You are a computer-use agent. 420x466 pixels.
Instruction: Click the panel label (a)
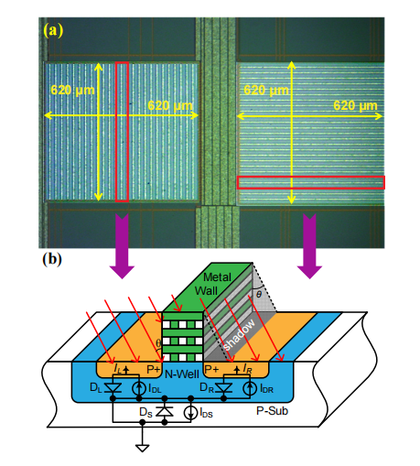[53, 30]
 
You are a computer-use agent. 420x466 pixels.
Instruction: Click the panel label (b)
[52, 259]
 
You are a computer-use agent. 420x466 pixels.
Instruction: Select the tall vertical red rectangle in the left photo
[122, 132]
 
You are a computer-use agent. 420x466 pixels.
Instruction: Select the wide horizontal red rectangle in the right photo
[311, 182]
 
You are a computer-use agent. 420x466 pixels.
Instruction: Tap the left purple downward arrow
[122, 246]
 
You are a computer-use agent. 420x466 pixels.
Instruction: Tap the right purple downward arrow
[309, 246]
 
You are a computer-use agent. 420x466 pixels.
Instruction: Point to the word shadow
[239, 335]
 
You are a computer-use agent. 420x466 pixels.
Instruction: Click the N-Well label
[182, 374]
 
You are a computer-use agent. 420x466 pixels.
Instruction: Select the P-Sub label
[272, 411]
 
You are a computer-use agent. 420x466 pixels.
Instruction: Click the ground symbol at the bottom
[142, 448]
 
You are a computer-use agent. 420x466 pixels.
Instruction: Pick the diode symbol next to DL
[113, 387]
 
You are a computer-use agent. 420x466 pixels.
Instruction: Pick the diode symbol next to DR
[223, 387]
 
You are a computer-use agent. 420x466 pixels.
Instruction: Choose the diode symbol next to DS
[165, 412]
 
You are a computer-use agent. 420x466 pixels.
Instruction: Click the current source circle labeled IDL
[139, 388]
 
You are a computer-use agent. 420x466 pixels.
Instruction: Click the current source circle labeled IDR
[250, 388]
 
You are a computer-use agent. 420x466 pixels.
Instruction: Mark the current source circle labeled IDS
[191, 413]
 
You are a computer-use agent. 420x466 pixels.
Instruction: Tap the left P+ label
[154, 369]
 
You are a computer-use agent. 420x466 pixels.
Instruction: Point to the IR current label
[247, 369]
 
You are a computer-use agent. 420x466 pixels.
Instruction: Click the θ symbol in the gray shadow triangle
[259, 294]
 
